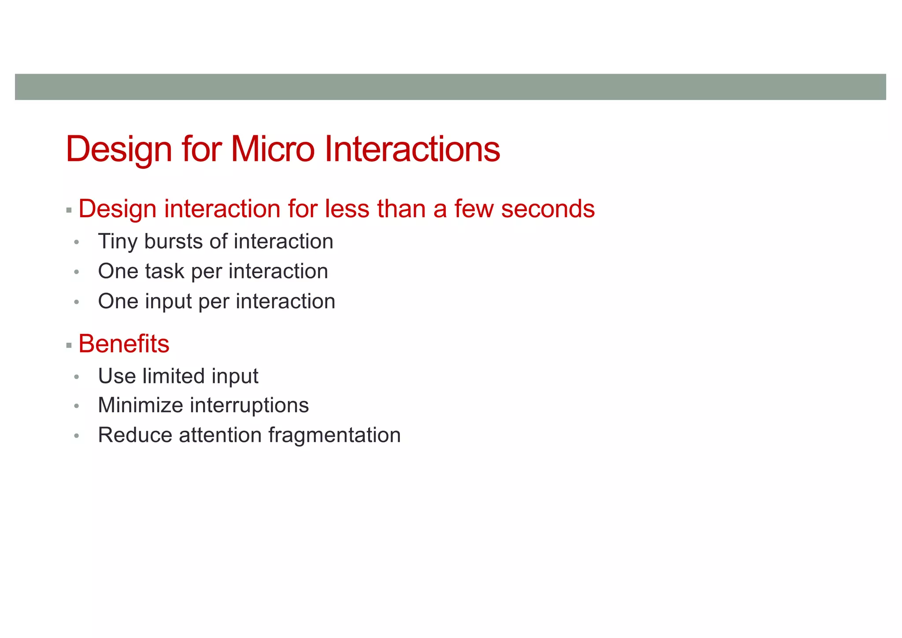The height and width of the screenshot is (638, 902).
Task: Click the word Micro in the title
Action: (272, 149)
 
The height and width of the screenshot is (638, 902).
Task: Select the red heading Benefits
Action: (124, 344)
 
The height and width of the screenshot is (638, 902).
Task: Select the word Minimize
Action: (140, 405)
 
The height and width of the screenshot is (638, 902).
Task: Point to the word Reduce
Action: (135, 435)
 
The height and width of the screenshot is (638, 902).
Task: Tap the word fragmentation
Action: (334, 435)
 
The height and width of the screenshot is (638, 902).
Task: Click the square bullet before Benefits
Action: (69, 345)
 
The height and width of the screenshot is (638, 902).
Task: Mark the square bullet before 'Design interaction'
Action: (69, 211)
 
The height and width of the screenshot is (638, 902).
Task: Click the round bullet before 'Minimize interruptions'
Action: (77, 406)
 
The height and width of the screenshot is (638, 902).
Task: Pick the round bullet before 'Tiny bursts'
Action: (77, 242)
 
